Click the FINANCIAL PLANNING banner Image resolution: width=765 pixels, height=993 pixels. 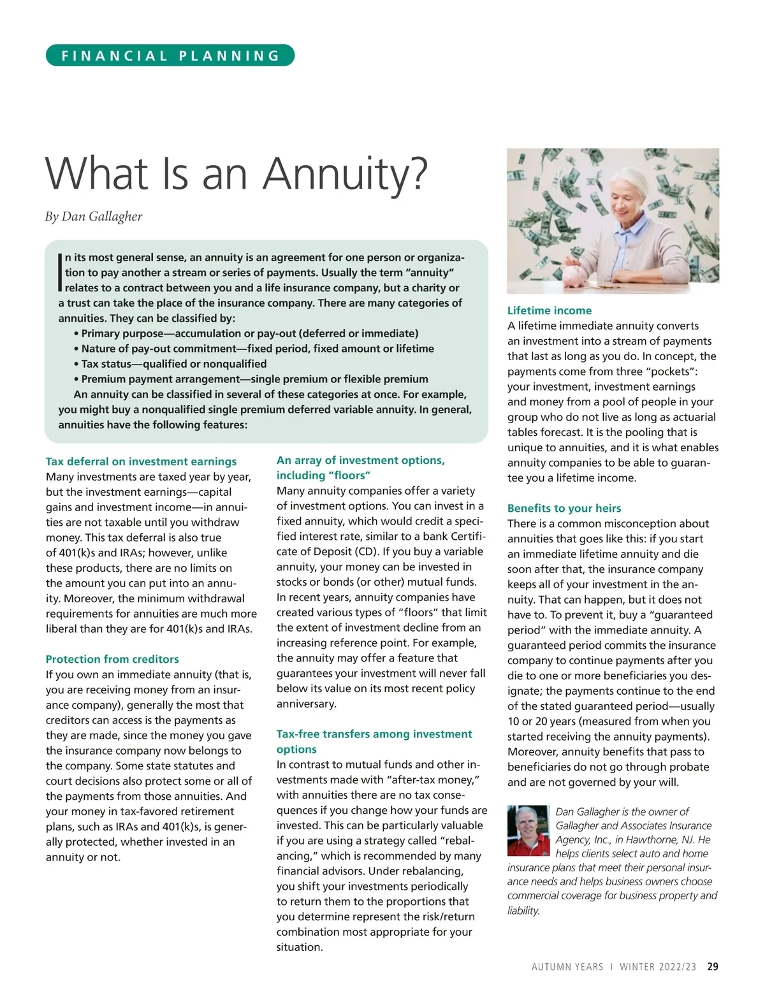tap(170, 55)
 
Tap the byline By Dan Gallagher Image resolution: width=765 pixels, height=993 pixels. tap(94, 217)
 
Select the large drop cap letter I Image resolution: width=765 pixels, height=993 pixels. tap(61, 272)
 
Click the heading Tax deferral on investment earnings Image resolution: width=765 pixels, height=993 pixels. tap(141, 461)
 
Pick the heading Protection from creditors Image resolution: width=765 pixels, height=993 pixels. tap(112, 659)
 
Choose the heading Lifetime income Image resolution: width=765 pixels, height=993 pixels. tap(549, 310)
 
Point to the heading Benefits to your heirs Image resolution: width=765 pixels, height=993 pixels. tap(564, 508)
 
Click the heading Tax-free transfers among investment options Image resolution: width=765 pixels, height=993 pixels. tap(374, 741)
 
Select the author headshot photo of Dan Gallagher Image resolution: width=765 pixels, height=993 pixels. tap(528, 830)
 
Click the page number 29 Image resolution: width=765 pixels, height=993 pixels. tap(713, 966)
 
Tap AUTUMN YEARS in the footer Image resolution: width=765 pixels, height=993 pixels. tap(567, 967)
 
